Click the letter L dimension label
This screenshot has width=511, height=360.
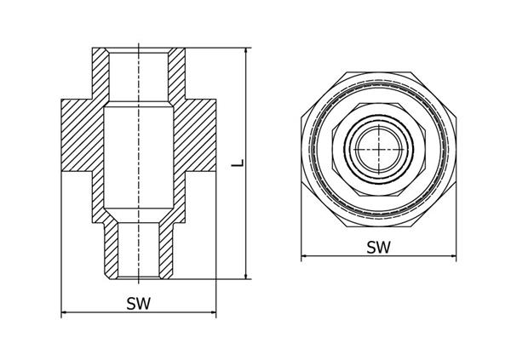[x=238, y=163]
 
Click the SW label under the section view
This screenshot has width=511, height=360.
[x=139, y=304]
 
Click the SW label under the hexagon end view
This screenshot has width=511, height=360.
[x=378, y=248]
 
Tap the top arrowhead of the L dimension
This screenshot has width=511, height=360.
[x=246, y=51]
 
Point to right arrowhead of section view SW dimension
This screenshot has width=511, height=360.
[x=212, y=312]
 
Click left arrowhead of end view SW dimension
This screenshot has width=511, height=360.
[x=305, y=256]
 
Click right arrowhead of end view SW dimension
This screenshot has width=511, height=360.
[x=452, y=256]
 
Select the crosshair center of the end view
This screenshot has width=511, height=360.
[x=379, y=149]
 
